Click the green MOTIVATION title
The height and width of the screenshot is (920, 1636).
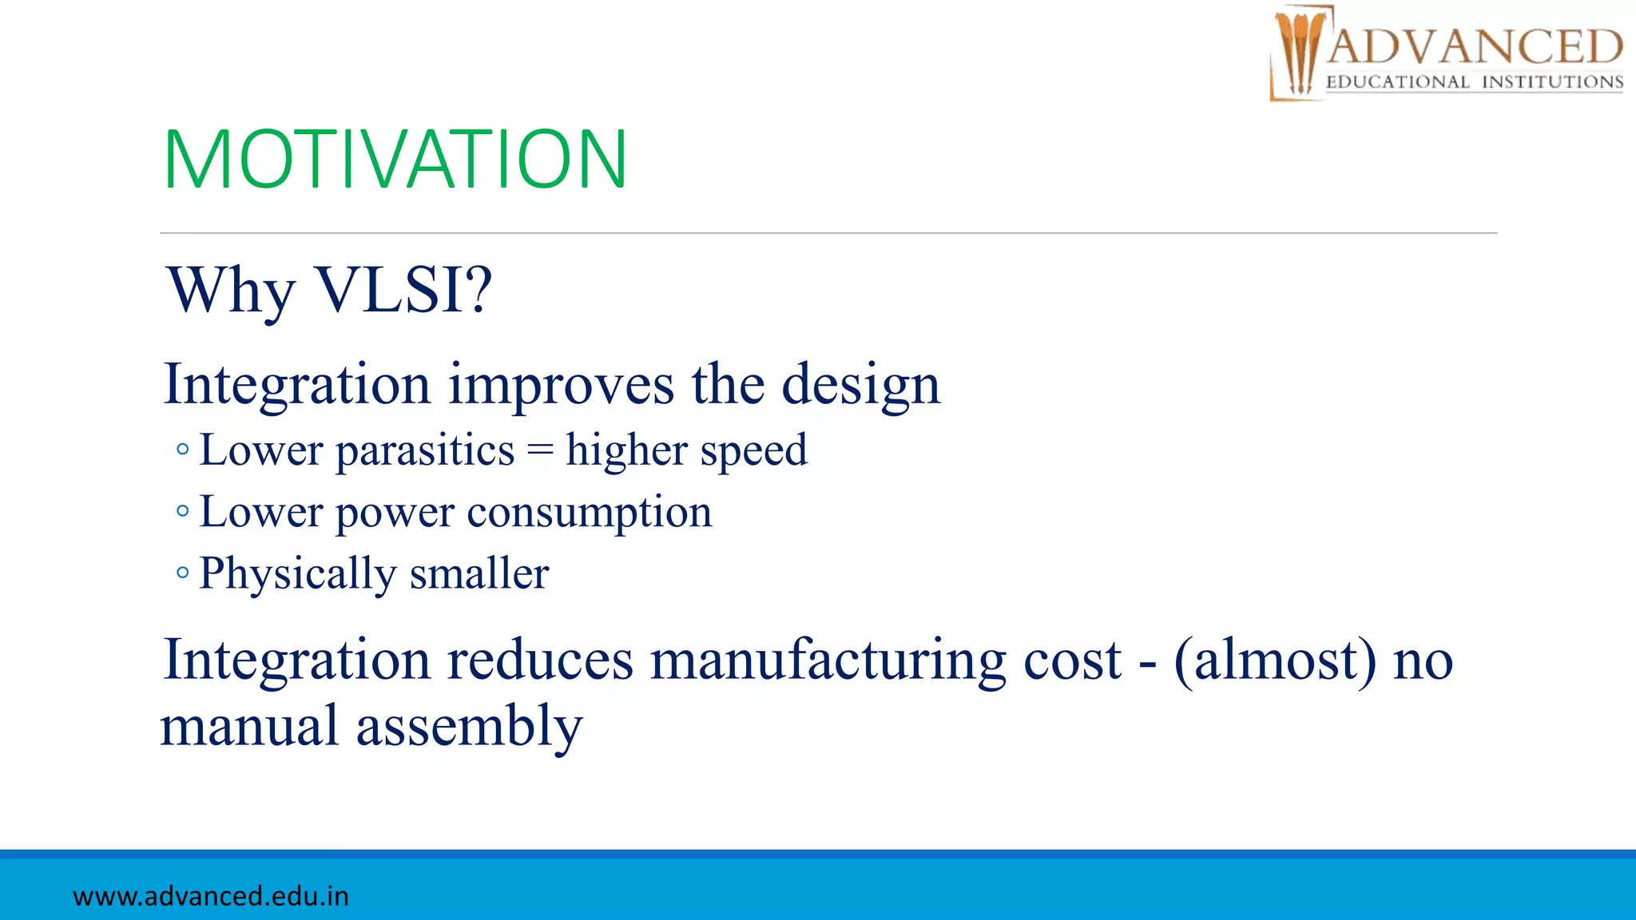(395, 160)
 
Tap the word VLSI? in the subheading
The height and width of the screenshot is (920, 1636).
(404, 290)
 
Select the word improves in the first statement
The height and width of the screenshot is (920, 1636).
(561, 386)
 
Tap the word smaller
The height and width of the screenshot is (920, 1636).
(479, 574)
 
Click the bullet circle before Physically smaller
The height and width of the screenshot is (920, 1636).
(183, 573)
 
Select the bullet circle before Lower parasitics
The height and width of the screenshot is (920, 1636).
(183, 450)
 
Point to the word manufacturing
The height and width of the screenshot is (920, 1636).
(828, 662)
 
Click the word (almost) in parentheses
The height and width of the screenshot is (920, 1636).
(1275, 660)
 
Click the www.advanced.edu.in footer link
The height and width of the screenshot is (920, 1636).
(211, 896)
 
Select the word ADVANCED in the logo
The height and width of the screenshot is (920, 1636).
(1475, 47)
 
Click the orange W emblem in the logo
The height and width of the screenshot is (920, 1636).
(1299, 53)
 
